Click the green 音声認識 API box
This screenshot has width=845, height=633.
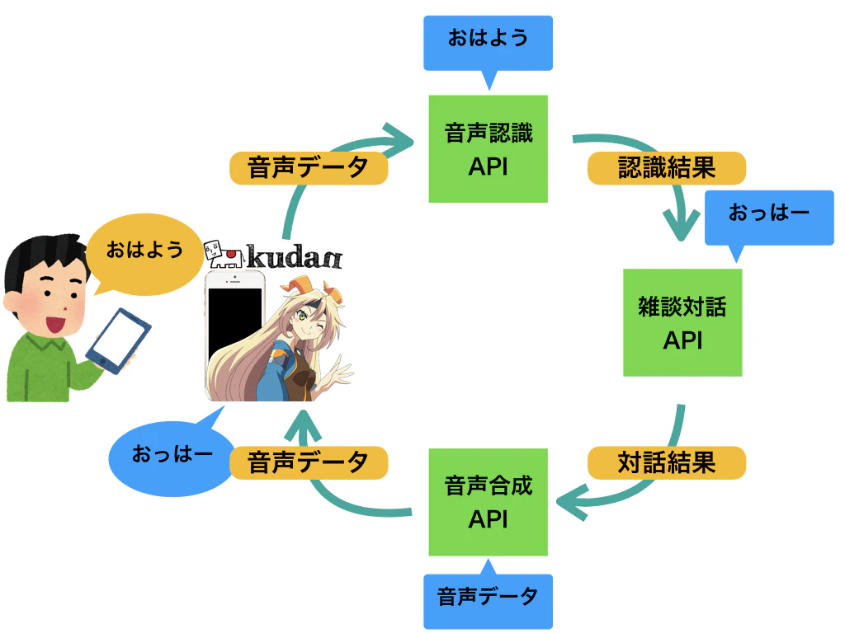tap(489, 149)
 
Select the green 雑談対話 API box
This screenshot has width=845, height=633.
tap(682, 322)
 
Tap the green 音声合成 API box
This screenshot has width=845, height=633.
tap(489, 502)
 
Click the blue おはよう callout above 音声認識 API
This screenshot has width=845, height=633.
tap(489, 47)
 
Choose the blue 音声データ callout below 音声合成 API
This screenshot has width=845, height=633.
tap(489, 598)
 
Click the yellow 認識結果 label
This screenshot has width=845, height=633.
tap(667, 168)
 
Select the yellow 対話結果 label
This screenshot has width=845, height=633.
tap(667, 462)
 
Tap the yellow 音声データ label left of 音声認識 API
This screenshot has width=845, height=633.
tap(309, 168)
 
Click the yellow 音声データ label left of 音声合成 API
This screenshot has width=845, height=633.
tap(309, 462)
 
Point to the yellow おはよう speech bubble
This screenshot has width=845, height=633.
tap(144, 253)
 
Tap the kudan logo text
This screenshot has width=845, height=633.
tap(295, 257)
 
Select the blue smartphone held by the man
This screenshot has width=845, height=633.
tap(119, 340)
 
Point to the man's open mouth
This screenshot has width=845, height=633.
tap(55, 325)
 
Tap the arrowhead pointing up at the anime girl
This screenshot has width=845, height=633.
tap(303, 425)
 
